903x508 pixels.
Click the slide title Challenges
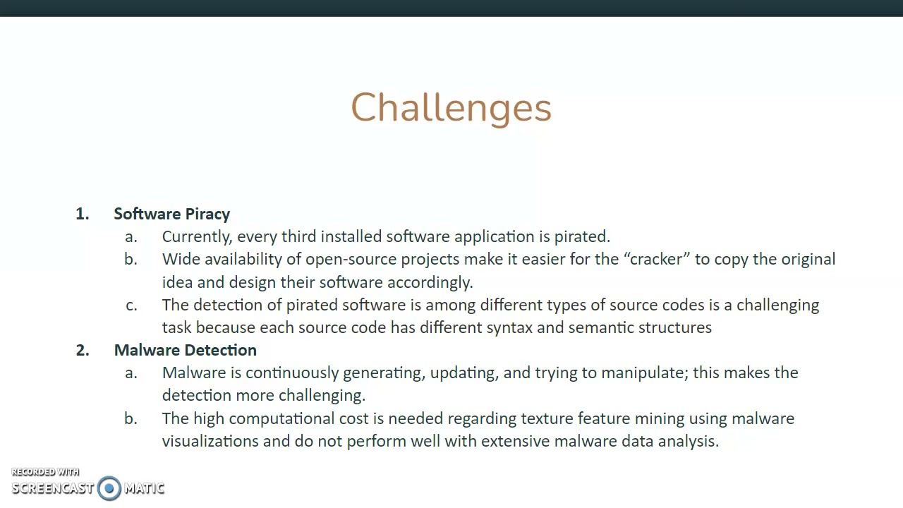pos(451,108)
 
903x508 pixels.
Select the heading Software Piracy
pos(171,214)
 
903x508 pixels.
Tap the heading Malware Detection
pos(185,350)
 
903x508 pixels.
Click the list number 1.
pos(82,214)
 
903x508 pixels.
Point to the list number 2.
pos(83,350)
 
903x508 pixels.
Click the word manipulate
pos(650,373)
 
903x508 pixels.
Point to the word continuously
pos(291,373)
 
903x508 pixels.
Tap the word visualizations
pos(210,441)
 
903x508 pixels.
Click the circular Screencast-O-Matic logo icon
pos(109,488)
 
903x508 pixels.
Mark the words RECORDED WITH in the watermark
pos(45,472)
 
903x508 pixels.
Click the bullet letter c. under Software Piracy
pos(131,305)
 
